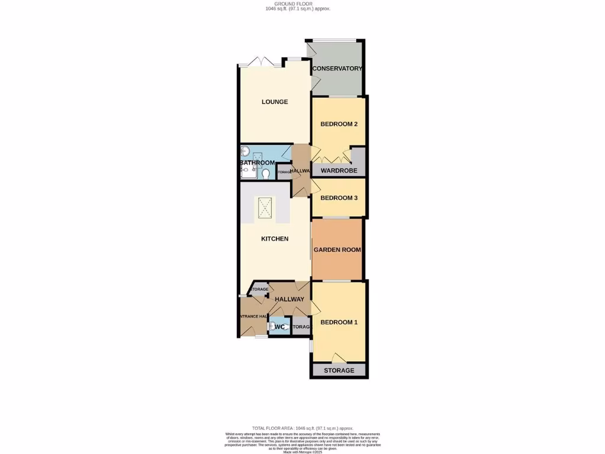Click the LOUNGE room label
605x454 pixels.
pyautogui.click(x=275, y=102)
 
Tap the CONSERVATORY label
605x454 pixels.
pyautogui.click(x=337, y=69)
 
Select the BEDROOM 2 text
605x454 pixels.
pyautogui.click(x=339, y=124)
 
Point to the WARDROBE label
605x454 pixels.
pyautogui.click(x=339, y=171)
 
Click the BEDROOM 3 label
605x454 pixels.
pyautogui.click(x=339, y=198)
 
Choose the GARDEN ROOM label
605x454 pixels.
pyautogui.click(x=337, y=249)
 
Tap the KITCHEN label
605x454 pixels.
pyautogui.click(x=275, y=239)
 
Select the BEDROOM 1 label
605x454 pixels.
pyautogui.click(x=339, y=322)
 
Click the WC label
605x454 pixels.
pyautogui.click(x=280, y=327)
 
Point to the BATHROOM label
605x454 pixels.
pyautogui.click(x=257, y=163)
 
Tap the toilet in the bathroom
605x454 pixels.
pyautogui.click(x=266, y=173)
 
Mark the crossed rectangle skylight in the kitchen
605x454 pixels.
pyautogui.click(x=265, y=207)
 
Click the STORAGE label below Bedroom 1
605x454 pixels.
pyautogui.click(x=339, y=371)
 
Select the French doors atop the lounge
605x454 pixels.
pyautogui.click(x=259, y=61)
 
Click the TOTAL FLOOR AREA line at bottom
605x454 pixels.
pyautogui.click(x=302, y=428)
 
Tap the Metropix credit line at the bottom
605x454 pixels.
pyautogui.click(x=302, y=452)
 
